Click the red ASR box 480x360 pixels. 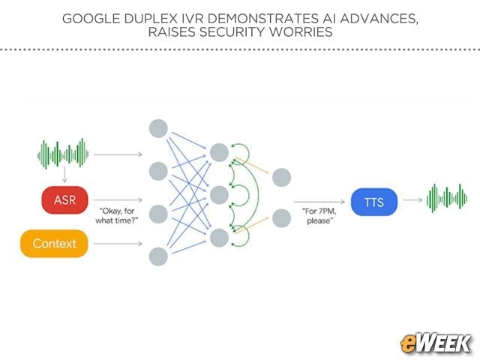[65, 200]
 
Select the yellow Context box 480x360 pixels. [54, 244]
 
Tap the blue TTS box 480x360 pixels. [374, 202]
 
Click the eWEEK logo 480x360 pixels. [436, 343]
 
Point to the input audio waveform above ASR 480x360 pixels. [63, 154]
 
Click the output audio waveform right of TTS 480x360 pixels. [447, 198]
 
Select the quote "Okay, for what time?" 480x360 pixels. [117, 216]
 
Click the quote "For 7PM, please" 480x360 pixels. [319, 216]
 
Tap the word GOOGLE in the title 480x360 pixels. [91, 19]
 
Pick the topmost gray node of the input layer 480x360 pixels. [158, 128]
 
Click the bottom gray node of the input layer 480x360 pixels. [158, 256]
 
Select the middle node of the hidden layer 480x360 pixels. [219, 195]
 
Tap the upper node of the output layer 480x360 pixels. [282, 177]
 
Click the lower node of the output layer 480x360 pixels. [282, 218]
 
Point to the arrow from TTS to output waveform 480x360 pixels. [412, 200]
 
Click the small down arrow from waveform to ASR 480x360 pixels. [64, 175]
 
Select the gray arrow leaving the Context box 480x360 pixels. [118, 244]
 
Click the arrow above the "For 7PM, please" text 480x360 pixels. [319, 202]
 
